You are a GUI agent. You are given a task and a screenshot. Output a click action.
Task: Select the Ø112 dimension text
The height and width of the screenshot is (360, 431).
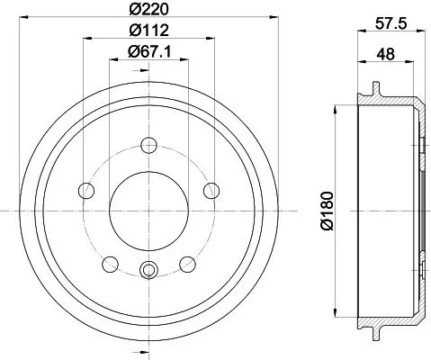[149, 31]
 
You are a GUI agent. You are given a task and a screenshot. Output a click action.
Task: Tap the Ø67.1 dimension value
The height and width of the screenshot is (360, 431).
[149, 50]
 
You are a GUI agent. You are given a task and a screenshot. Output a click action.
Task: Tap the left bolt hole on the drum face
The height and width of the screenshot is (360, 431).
[87, 190]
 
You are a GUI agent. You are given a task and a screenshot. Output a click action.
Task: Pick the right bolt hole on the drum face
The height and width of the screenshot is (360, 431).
[211, 190]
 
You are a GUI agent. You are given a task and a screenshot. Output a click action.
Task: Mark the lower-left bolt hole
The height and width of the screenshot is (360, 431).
[111, 263]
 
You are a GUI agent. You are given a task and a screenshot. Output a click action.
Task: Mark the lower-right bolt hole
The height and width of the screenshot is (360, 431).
[188, 263]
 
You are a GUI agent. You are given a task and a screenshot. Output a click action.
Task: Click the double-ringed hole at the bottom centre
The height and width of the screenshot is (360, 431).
[149, 267]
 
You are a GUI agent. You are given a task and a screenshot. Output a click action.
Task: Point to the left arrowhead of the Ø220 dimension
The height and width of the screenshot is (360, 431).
[22, 19]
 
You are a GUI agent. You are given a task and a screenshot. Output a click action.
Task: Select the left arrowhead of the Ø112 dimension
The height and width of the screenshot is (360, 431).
[85, 39]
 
